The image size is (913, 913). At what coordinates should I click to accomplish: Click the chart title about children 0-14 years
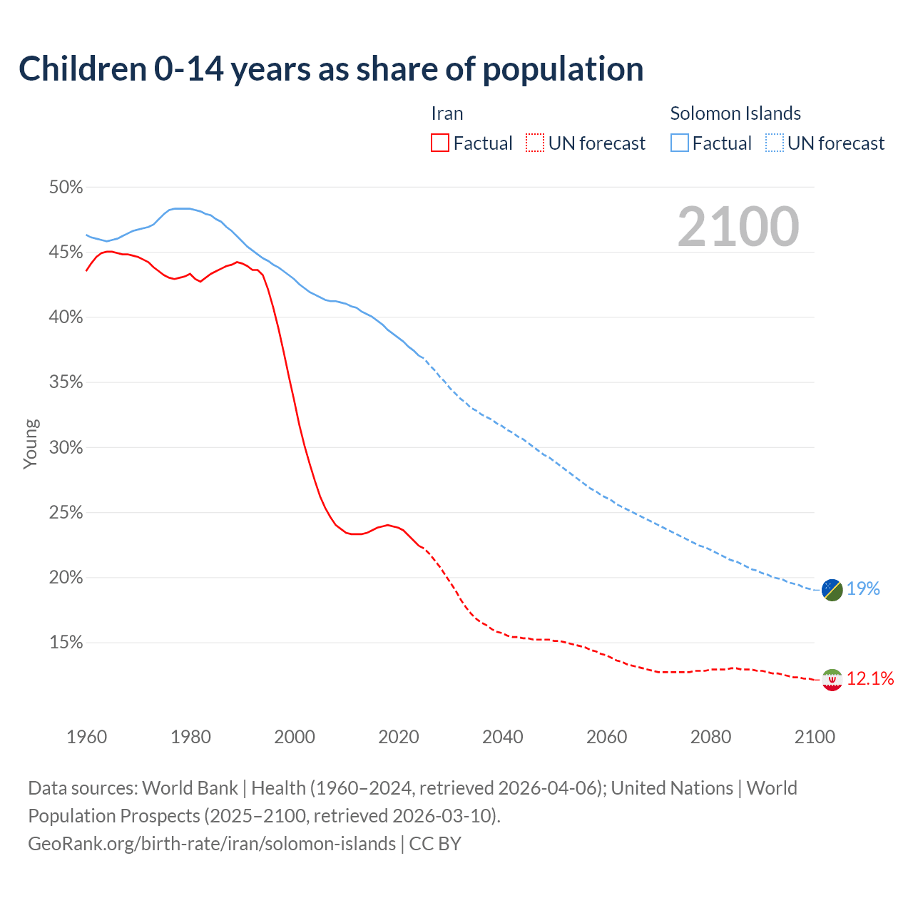pyautogui.click(x=331, y=69)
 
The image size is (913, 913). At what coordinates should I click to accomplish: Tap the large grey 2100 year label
pyautogui.click(x=738, y=227)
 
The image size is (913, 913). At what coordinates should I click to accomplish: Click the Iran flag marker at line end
pyautogui.click(x=832, y=680)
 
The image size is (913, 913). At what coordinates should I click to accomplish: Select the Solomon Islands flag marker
pyautogui.click(x=832, y=590)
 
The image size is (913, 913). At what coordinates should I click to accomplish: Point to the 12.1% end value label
pyautogui.click(x=870, y=678)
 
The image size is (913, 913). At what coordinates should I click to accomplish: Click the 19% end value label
pyautogui.click(x=863, y=588)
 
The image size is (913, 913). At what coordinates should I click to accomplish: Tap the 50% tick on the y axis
pyautogui.click(x=66, y=188)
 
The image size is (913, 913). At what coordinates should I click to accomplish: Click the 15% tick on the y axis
pyautogui.click(x=66, y=643)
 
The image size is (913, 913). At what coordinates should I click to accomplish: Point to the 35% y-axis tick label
pyautogui.click(x=66, y=382)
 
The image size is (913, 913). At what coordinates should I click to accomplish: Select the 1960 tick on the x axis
pyautogui.click(x=86, y=737)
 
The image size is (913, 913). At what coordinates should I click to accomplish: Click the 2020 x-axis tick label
pyautogui.click(x=399, y=737)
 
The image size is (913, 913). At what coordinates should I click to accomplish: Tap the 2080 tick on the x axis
pyautogui.click(x=710, y=737)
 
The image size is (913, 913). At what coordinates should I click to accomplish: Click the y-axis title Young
pyautogui.click(x=31, y=444)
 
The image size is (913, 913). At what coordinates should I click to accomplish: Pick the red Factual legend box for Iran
pyautogui.click(x=440, y=143)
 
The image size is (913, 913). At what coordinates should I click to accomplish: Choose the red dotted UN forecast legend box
pyautogui.click(x=535, y=143)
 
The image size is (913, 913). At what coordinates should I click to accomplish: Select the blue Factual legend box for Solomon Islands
pyautogui.click(x=680, y=143)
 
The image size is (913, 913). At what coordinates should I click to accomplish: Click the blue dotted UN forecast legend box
pyautogui.click(x=775, y=143)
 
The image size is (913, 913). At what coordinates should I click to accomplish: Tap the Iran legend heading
pyautogui.click(x=447, y=113)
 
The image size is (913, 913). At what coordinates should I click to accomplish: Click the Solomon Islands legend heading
pyautogui.click(x=735, y=113)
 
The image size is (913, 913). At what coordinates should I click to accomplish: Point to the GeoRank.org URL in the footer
pyautogui.click(x=212, y=844)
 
